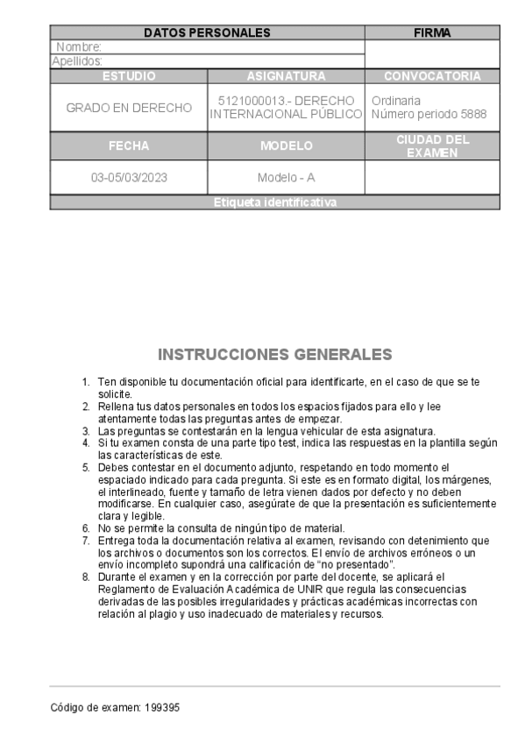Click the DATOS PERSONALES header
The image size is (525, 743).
coord(207,33)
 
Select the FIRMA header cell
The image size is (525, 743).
coord(431,33)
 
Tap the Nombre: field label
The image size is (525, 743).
coord(79,46)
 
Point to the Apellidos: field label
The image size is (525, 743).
coord(77,61)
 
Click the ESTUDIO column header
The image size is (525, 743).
coord(129,76)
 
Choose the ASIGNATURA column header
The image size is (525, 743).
coord(286,76)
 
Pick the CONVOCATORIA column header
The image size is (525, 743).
coord(432,76)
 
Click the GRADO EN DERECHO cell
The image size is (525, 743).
coord(129,108)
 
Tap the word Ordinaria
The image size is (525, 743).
coord(396,101)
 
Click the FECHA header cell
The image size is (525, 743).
coord(129,146)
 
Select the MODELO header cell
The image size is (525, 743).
coord(286,146)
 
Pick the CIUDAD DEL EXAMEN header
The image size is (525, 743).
coord(432,146)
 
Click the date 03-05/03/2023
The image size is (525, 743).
coord(129,177)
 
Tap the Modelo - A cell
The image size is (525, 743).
coord(286,177)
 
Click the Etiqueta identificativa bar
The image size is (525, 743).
coord(274,203)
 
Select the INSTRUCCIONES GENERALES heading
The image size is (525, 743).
coord(274,355)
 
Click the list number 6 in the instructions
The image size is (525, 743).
coord(86,528)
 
